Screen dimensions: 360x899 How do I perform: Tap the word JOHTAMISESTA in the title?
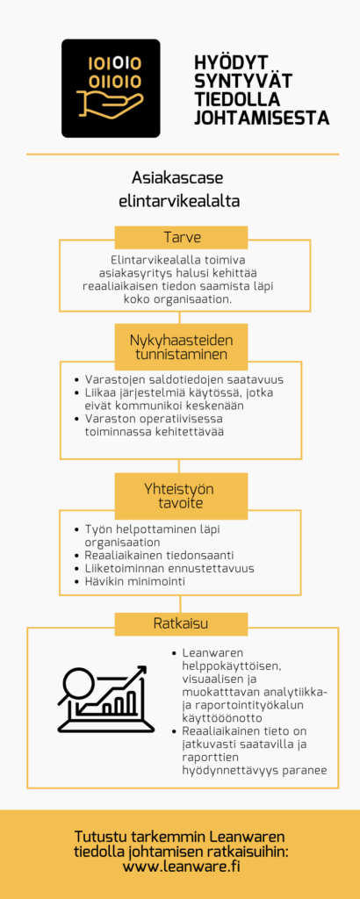point(262,118)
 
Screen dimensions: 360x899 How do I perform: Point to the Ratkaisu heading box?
point(180,624)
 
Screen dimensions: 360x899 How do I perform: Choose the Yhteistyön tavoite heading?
point(180,494)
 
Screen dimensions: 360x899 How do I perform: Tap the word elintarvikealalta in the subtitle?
point(179,200)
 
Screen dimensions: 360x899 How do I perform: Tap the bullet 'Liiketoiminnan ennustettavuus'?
point(169,569)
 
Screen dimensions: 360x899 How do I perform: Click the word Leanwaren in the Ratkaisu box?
point(214,654)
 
